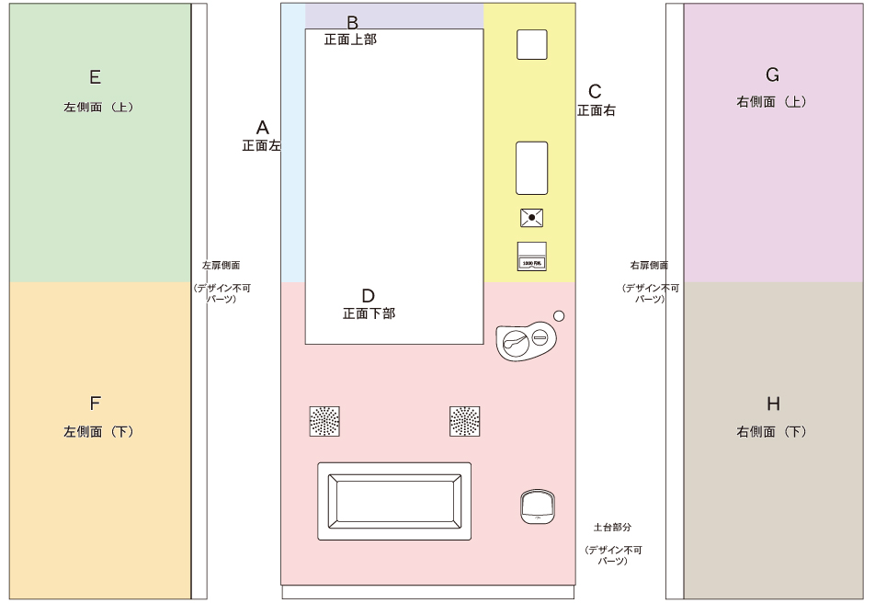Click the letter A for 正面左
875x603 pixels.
point(262,127)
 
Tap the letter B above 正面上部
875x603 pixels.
point(352,22)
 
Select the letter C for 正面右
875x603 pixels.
point(595,91)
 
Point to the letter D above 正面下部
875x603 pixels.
point(368,296)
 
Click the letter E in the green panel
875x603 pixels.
point(95,77)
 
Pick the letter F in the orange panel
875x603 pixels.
point(95,404)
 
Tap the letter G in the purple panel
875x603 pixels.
point(773,74)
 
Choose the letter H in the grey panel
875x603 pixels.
point(773,404)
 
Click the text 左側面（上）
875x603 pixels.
point(99,107)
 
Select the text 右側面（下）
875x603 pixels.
point(772,431)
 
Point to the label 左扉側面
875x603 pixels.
point(221,266)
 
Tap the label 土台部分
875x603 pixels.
point(612,528)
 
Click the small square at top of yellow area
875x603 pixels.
point(532,44)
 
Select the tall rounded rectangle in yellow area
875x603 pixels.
point(531,168)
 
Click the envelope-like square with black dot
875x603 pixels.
point(531,218)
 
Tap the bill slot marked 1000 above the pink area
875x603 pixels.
point(532,256)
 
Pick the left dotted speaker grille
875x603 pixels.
point(324,421)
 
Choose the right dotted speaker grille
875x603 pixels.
point(465,421)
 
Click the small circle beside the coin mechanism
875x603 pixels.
point(559,316)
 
